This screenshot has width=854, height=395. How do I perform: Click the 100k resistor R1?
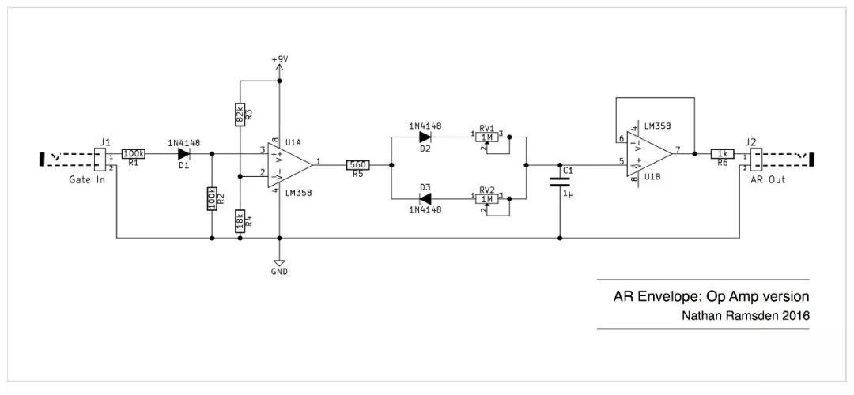(x=133, y=154)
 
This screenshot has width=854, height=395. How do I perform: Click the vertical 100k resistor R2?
(x=211, y=199)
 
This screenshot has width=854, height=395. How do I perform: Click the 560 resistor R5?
(x=358, y=164)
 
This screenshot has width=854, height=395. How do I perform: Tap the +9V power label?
(x=279, y=59)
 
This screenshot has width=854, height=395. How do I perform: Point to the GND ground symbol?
(x=279, y=263)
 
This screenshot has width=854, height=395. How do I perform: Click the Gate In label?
(x=87, y=179)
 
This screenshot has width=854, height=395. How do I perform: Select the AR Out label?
(x=768, y=179)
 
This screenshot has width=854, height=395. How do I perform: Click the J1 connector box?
(x=100, y=160)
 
